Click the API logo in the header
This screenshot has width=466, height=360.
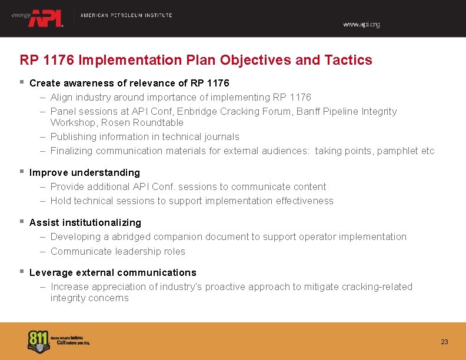pos(45,18)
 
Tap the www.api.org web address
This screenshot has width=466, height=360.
pos(361,25)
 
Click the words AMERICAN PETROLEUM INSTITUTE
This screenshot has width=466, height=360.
pos(126,15)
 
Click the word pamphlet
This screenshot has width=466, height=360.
pos(398,151)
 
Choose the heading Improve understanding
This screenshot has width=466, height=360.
pos(85,172)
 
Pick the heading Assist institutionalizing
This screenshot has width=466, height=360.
pos(85,222)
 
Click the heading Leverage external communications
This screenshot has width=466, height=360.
pos(113,272)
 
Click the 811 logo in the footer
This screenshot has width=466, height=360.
pos(39,341)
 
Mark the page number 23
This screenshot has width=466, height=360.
pos(444,342)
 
